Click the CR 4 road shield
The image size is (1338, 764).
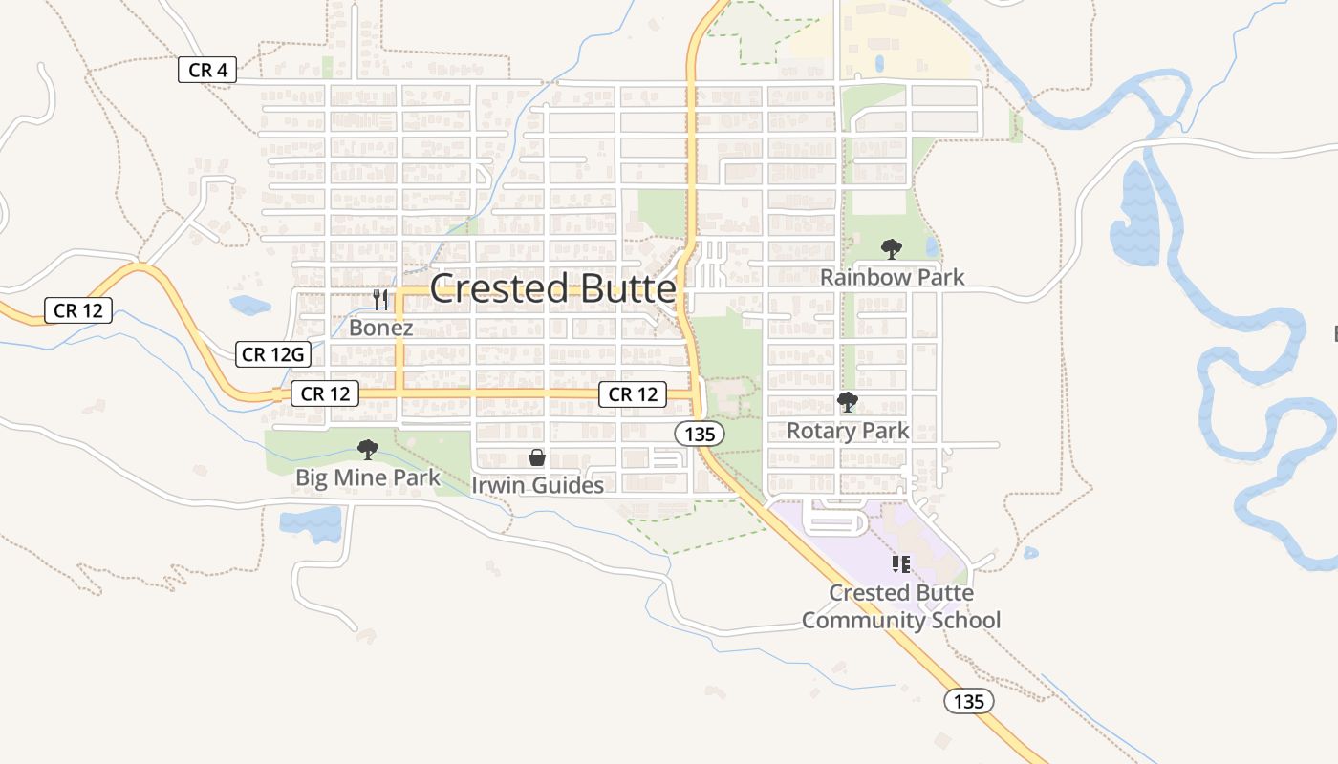(206, 70)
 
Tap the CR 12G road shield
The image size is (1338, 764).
(273, 354)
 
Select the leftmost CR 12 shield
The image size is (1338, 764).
(78, 310)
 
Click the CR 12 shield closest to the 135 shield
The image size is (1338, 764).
(633, 393)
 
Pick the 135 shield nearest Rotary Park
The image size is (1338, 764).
(700, 434)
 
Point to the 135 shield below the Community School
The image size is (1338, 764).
(969, 701)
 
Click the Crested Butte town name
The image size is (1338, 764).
(552, 288)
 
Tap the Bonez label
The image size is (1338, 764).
(380, 328)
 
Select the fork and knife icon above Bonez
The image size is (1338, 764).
(380, 300)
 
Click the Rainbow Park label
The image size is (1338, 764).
(892, 277)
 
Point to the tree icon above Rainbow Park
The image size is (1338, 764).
(892, 250)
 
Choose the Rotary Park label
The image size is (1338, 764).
(848, 431)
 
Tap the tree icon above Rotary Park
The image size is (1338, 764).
(847, 402)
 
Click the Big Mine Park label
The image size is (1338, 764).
(368, 477)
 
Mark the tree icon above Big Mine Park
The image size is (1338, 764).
(367, 450)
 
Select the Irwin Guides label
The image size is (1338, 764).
(537, 485)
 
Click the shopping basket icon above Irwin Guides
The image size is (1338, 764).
(537, 457)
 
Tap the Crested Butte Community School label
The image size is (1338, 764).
(900, 606)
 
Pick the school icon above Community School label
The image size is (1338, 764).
(900, 564)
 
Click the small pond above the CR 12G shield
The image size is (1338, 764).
(249, 306)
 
